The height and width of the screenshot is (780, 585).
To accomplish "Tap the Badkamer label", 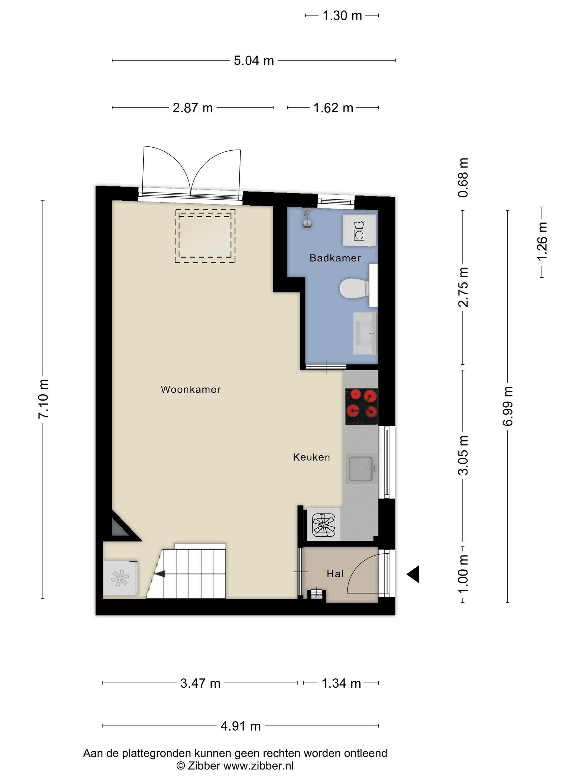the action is coord(335,258).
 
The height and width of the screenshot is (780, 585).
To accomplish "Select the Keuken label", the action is coord(311,457).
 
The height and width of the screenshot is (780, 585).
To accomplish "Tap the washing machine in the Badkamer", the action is coord(359,230).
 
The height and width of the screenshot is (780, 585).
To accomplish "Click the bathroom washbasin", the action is coord(365,333).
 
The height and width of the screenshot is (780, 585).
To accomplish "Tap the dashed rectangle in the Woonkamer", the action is coord(205,236).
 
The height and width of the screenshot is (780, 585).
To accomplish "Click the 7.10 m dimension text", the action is coord(43,399).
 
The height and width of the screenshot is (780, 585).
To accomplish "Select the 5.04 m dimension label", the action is coord(254,61).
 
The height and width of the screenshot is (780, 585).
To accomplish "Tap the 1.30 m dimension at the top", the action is coord(342,15).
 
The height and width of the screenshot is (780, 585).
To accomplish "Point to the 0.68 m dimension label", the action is coord(463,178).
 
